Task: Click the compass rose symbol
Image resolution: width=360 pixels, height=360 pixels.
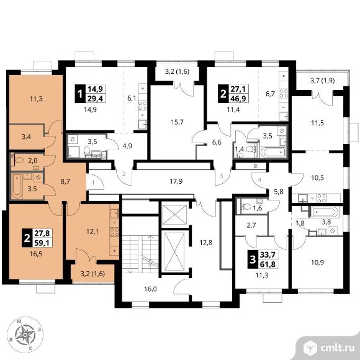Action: point(25,335)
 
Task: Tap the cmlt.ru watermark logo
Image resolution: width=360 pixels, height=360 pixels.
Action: point(329,348)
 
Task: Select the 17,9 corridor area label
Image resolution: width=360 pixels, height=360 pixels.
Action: point(176,181)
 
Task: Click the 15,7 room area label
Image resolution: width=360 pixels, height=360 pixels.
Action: point(178,122)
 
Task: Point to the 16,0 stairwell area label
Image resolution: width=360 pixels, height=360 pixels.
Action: point(150,289)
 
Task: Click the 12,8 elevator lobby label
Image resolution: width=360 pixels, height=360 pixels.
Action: point(205,243)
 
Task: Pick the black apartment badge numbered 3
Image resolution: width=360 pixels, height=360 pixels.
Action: point(253,259)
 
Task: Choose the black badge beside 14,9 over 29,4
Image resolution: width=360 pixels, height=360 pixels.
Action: point(80,94)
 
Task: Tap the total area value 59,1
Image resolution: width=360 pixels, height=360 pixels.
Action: point(42,243)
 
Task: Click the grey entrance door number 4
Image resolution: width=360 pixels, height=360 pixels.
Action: point(259,180)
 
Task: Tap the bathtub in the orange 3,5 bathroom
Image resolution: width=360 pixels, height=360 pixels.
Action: point(17,186)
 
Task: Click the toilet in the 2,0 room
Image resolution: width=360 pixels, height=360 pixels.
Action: point(19,160)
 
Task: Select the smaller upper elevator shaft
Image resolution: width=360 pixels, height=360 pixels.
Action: point(174,214)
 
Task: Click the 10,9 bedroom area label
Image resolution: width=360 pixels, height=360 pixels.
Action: point(318,262)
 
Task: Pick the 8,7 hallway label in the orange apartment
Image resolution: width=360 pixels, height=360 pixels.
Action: point(65,182)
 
